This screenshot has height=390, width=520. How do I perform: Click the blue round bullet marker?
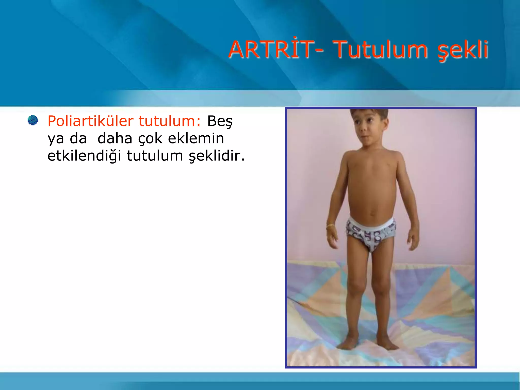point(33,120)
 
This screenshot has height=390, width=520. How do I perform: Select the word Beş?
point(220,121)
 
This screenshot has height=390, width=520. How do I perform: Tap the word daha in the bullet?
point(115,139)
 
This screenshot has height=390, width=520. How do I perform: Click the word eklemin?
point(196,138)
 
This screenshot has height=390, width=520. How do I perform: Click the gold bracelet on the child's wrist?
point(330,226)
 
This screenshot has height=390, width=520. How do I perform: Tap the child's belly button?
point(372,213)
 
